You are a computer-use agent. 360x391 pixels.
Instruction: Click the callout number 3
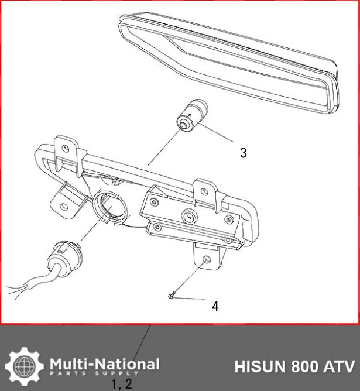click(x=243, y=153)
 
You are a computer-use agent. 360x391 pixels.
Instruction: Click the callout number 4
click(x=215, y=306)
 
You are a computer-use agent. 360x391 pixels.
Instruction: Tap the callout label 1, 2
click(x=122, y=384)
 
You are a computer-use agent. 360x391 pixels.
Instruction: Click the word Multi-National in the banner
click(x=104, y=363)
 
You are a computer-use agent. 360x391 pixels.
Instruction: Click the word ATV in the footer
click(x=340, y=367)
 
